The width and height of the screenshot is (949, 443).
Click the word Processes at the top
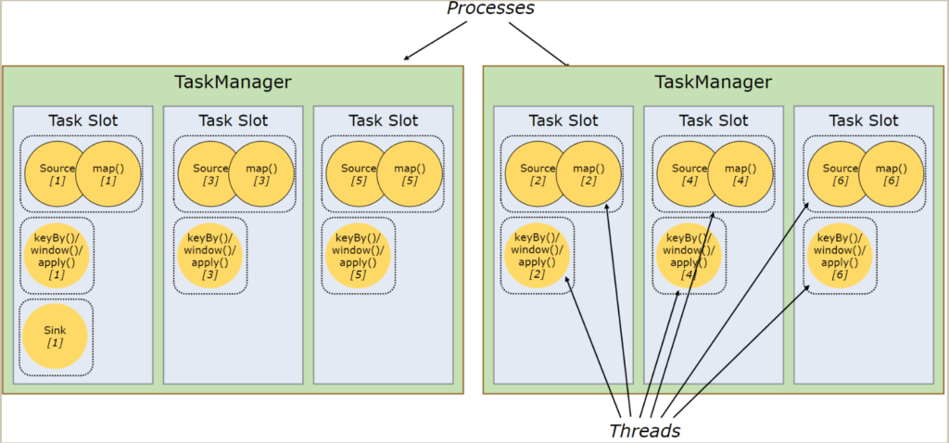[490, 8]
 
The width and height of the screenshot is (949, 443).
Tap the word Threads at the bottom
[645, 430]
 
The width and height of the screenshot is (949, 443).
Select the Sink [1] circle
[55, 336]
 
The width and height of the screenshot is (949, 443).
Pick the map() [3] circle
[261, 173]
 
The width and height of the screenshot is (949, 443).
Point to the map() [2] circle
[588, 173]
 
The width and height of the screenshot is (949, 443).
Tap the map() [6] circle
[891, 173]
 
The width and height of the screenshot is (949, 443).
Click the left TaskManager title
[233, 82]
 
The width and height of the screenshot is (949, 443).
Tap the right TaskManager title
[713, 82]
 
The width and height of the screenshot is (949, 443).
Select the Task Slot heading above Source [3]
[233, 120]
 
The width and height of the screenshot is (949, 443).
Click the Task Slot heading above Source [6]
[864, 120]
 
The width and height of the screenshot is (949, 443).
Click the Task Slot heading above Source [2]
[563, 120]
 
